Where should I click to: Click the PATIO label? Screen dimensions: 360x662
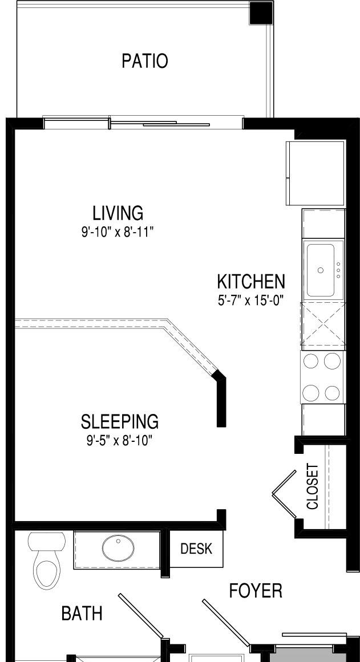tap(144, 61)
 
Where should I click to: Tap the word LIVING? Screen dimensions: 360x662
tap(118, 213)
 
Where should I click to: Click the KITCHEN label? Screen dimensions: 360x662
tap(251, 281)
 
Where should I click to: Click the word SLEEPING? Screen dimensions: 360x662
tap(120, 421)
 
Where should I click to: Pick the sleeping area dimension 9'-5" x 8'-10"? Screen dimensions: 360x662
tap(119, 441)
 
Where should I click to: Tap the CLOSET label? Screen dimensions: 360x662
tap(312, 487)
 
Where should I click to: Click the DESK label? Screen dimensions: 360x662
tap(196, 549)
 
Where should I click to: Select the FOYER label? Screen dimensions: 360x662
tap(256, 591)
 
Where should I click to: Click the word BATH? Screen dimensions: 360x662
tap(82, 614)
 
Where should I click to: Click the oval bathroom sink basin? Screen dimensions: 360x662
tap(118, 548)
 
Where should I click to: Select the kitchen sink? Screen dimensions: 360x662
tap(321, 270)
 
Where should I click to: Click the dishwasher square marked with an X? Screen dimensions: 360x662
tap(323, 326)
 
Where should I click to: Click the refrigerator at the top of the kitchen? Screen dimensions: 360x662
tap(315, 173)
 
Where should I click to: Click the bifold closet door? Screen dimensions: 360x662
tap(284, 494)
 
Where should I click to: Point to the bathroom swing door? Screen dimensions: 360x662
tap(141, 615)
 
